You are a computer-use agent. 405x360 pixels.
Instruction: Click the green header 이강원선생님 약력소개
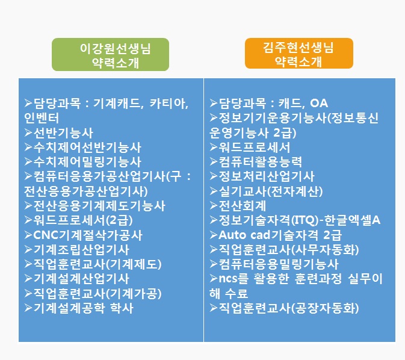[110, 55]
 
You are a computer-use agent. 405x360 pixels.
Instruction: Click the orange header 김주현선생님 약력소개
[298, 54]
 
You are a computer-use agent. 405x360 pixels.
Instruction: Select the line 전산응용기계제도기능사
[99, 206]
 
